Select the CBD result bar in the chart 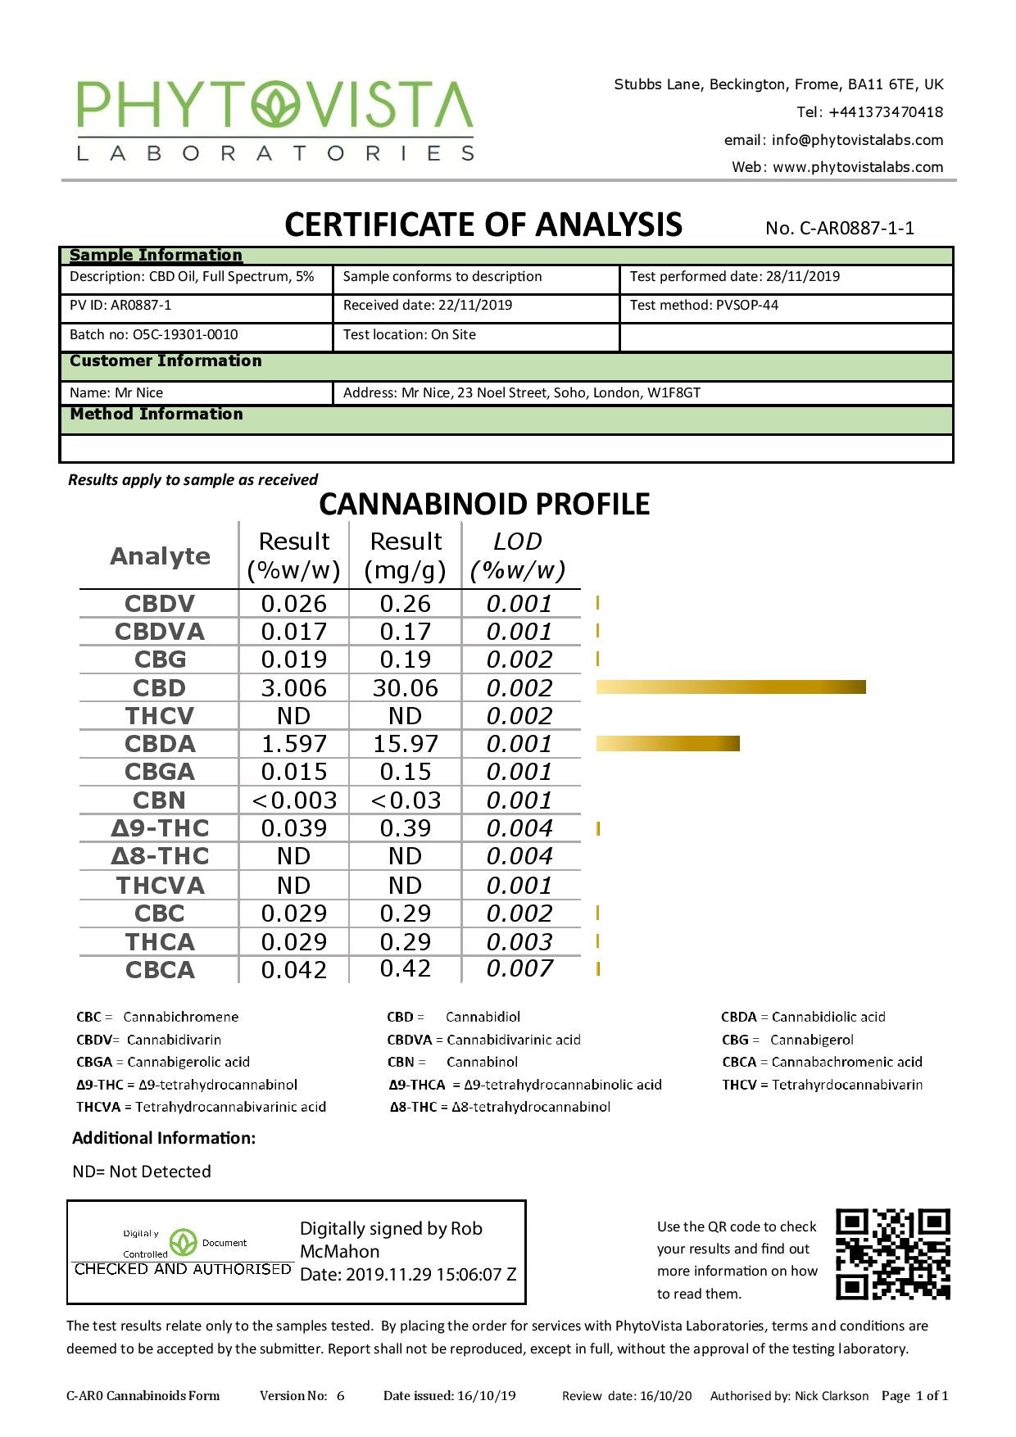coord(730,687)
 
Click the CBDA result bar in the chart coord(667,743)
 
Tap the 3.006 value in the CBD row coord(293,688)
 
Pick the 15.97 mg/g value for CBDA coord(405,744)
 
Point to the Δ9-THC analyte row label coord(160,828)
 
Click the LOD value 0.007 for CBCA coord(519,968)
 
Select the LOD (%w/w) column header coord(518,555)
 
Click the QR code coord(892,1254)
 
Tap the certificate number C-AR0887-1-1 coord(840,228)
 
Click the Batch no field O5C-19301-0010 coord(154,334)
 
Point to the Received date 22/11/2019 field coord(428,305)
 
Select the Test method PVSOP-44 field coord(704,305)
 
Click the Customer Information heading coord(166,360)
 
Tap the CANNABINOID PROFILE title coord(484,504)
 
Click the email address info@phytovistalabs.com coord(833,140)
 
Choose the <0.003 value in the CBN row coord(293,800)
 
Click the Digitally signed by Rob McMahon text coord(391,1240)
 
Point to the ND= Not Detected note coord(142,1172)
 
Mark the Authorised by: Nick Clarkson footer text coord(789,1396)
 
